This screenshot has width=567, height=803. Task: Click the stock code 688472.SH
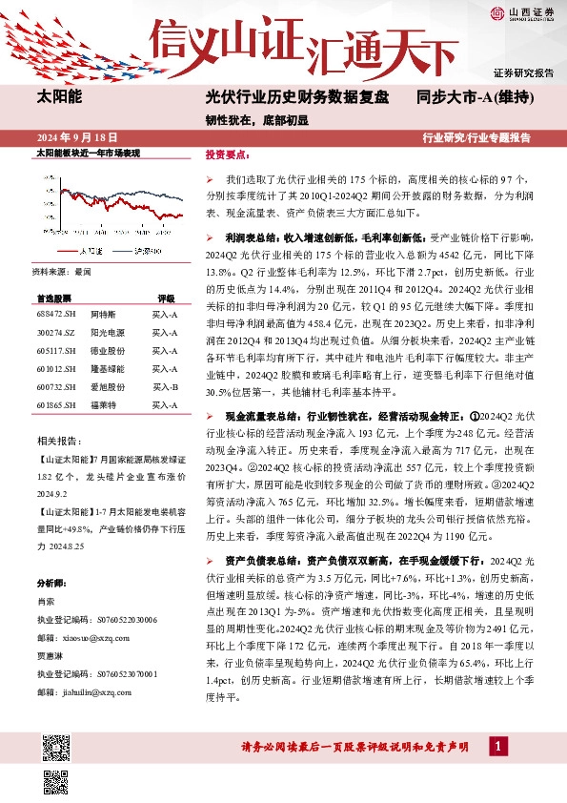click(x=55, y=314)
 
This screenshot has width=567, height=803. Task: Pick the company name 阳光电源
click(x=107, y=332)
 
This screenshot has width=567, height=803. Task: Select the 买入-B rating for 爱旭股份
click(x=165, y=387)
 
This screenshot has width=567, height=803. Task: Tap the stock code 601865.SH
click(x=55, y=406)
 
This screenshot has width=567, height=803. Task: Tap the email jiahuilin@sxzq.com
click(x=87, y=691)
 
